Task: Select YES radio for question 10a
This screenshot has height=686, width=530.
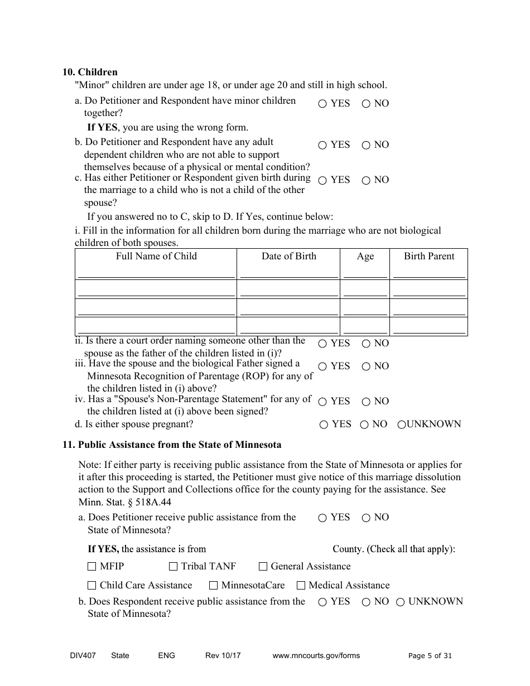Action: click(x=322, y=104)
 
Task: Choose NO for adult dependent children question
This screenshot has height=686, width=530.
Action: click(x=366, y=145)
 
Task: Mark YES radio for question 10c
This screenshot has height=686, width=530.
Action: click(x=322, y=180)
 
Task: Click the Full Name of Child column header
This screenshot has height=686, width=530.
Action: click(x=156, y=256)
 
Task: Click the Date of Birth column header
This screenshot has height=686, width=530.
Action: click(x=288, y=256)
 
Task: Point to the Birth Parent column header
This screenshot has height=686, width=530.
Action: click(x=429, y=256)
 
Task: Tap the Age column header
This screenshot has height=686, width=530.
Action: click(x=365, y=256)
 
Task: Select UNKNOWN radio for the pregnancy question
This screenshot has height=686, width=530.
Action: click(x=401, y=424)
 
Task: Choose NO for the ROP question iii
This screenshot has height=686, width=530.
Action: click(x=366, y=366)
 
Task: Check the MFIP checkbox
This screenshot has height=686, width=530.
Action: click(x=92, y=567)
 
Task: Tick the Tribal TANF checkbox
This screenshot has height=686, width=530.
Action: click(x=173, y=567)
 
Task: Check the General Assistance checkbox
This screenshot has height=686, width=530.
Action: click(x=263, y=567)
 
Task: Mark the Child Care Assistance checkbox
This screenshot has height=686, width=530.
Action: click(x=92, y=586)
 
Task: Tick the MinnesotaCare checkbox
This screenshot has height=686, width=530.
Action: click(x=213, y=586)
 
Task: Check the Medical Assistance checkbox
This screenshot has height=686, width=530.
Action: click(x=301, y=586)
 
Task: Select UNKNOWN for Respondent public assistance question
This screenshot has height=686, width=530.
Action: click(x=401, y=602)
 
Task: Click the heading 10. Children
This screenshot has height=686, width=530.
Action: click(x=90, y=72)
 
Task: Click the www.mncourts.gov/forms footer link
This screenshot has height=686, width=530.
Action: click(x=316, y=655)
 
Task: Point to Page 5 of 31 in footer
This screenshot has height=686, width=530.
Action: click(x=430, y=655)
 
